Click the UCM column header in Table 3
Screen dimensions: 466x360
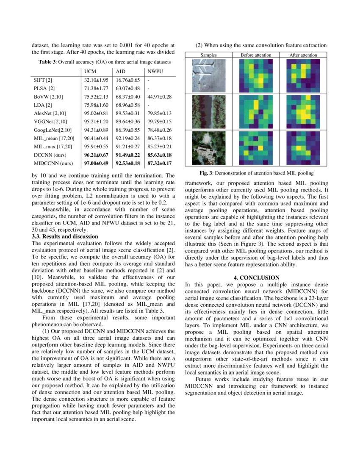pyautogui.click(x=90, y=71)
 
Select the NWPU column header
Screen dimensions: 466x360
pyautogui.click(x=154, y=71)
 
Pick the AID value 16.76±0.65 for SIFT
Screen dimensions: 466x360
pyautogui.click(x=127, y=80)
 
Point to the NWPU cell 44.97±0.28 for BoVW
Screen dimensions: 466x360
pyautogui.click(x=159, y=97)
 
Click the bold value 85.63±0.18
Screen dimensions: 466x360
pyautogui.click(x=159, y=155)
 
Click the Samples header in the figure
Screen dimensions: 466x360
pyautogui.click(x=208, y=55)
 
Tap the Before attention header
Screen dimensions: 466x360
pyautogui.click(x=256, y=55)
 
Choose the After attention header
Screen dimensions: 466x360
pyautogui.click(x=303, y=55)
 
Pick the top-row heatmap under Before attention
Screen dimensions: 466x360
pyautogui.click(x=256, y=75)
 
